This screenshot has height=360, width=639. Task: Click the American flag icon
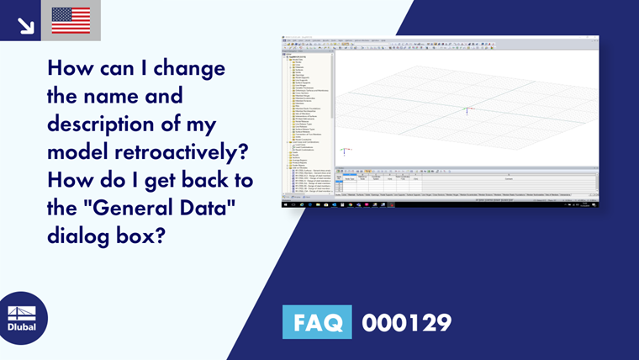click(x=71, y=20)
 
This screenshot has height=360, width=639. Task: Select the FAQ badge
click(x=317, y=323)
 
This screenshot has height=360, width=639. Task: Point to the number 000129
click(x=406, y=323)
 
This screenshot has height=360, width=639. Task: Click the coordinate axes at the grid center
click(x=467, y=109)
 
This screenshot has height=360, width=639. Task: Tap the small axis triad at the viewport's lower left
click(x=344, y=151)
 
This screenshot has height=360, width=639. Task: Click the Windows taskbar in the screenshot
click(x=441, y=204)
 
